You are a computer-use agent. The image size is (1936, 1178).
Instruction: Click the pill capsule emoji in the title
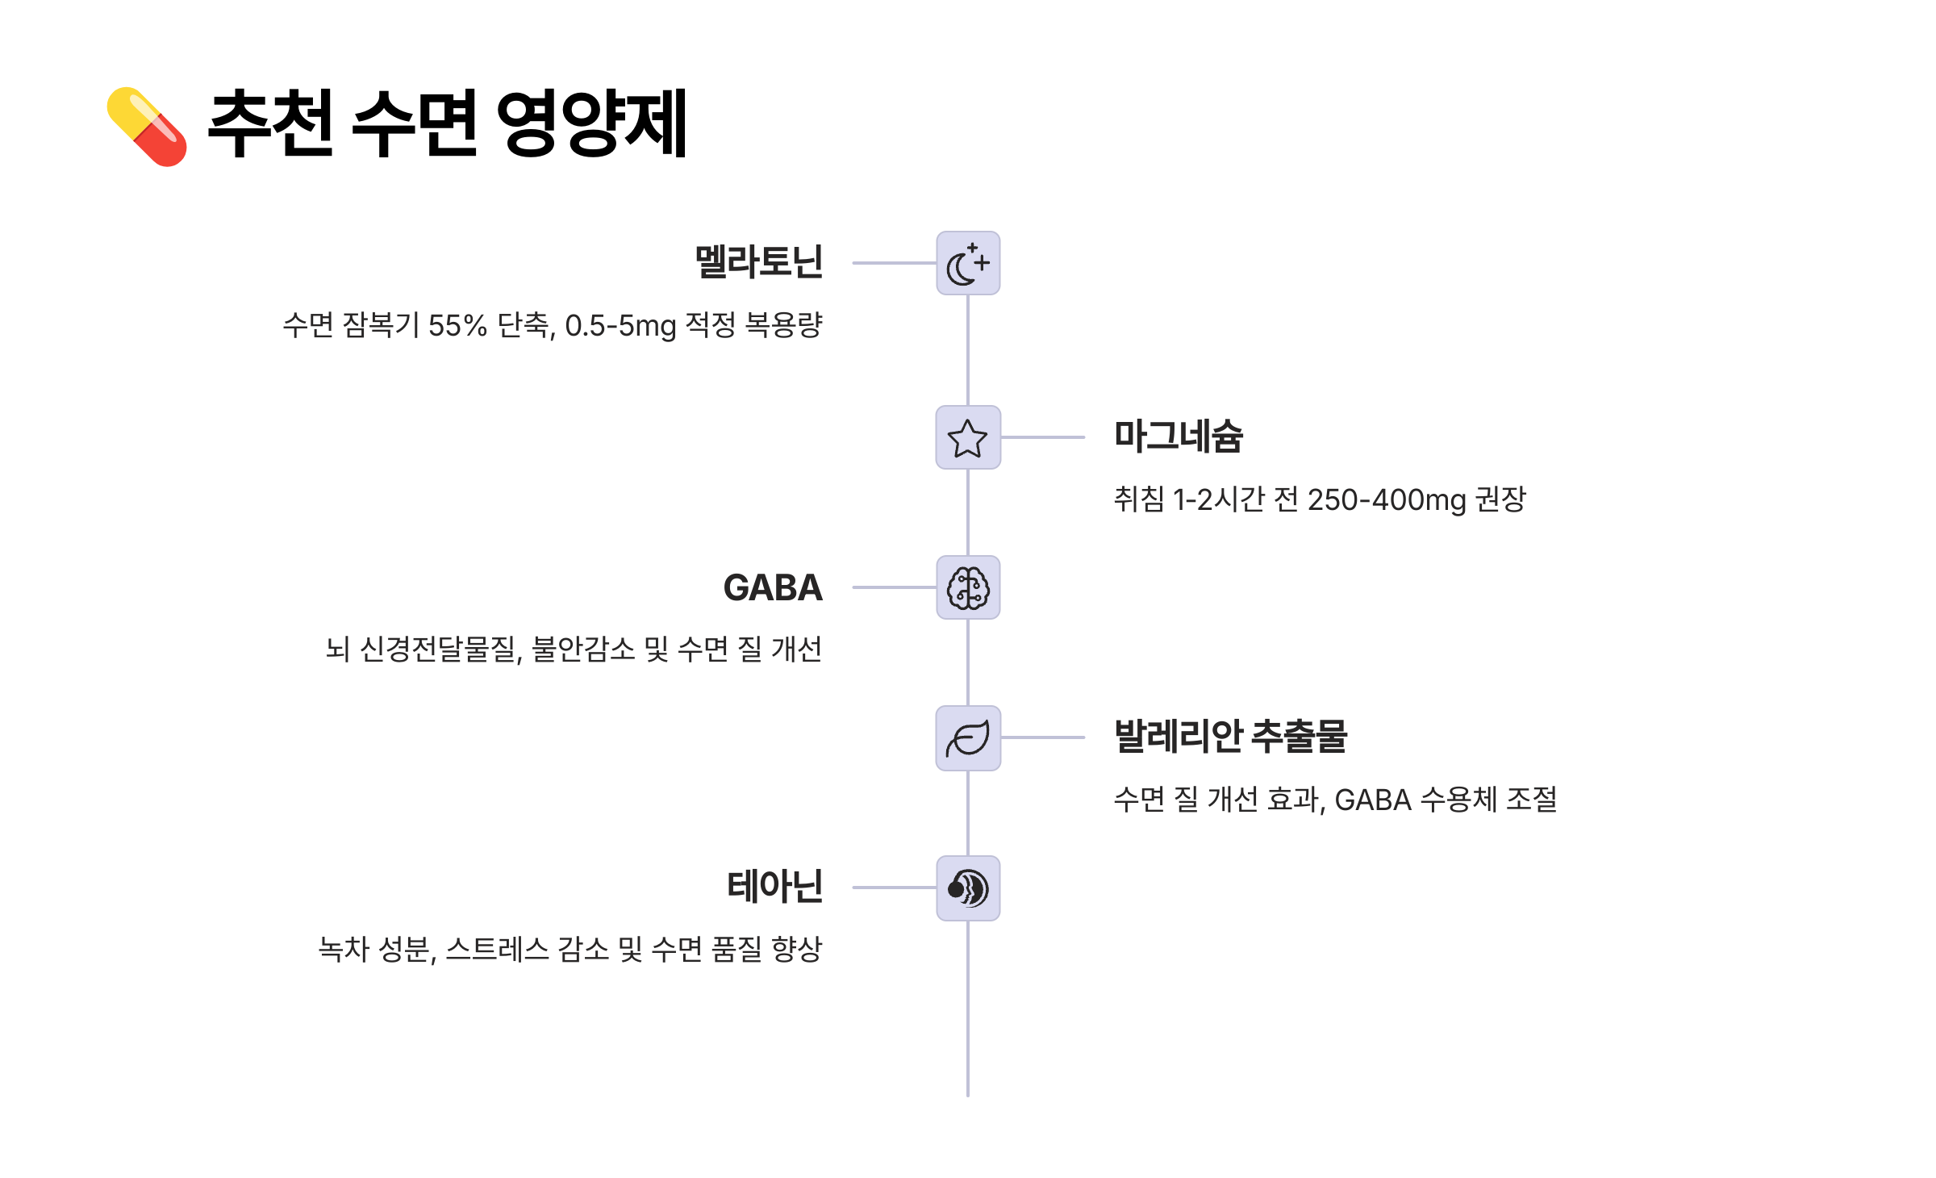(147, 127)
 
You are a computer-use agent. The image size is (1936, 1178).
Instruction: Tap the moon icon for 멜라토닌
(967, 263)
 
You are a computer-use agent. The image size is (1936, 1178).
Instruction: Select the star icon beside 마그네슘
(967, 437)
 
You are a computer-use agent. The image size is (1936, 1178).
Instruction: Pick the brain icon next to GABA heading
(967, 587)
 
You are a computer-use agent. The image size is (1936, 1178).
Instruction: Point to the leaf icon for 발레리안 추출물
(967, 737)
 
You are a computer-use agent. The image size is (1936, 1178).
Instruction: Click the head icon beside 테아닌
(967, 888)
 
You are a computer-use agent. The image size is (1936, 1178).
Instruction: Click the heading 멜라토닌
(758, 262)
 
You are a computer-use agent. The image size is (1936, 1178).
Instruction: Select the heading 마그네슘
(1178, 437)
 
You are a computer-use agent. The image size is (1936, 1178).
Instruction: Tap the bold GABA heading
(772, 587)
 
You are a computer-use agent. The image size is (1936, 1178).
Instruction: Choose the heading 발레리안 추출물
(1230, 737)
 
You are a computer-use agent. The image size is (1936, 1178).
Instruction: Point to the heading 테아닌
(774, 887)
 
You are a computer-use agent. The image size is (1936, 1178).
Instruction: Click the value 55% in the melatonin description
(457, 326)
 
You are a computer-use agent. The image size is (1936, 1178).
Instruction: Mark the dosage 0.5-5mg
(620, 326)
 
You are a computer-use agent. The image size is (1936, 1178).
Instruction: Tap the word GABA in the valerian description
(1372, 800)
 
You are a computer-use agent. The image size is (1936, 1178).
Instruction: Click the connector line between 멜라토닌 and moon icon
(894, 263)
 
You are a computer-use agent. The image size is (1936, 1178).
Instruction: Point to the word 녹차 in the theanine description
(344, 950)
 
